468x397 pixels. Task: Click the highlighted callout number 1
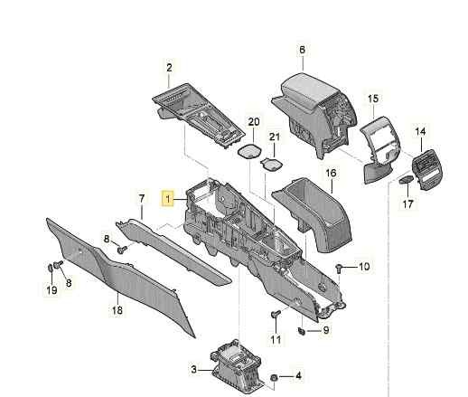tap(168, 199)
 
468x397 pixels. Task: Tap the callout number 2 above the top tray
tap(169, 68)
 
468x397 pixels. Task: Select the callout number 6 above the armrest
tap(302, 50)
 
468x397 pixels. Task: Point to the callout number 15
tap(373, 99)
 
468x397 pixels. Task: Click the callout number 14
tap(420, 131)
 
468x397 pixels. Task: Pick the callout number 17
tap(408, 204)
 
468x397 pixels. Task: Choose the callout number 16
tap(331, 173)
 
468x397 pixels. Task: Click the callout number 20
tap(254, 122)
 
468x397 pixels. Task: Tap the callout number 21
tap(274, 137)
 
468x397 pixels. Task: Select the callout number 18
tap(117, 309)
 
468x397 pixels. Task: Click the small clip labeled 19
tap(51, 268)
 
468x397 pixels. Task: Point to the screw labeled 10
tap(339, 268)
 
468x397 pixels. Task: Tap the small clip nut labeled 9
tap(302, 331)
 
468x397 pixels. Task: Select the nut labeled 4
tap(274, 377)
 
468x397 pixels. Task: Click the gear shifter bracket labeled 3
tap(236, 366)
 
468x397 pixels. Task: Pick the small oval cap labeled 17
tap(406, 180)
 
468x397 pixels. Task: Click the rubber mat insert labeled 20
tap(249, 151)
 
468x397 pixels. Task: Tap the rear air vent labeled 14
tap(426, 169)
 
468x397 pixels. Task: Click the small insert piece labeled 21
tap(271, 165)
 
